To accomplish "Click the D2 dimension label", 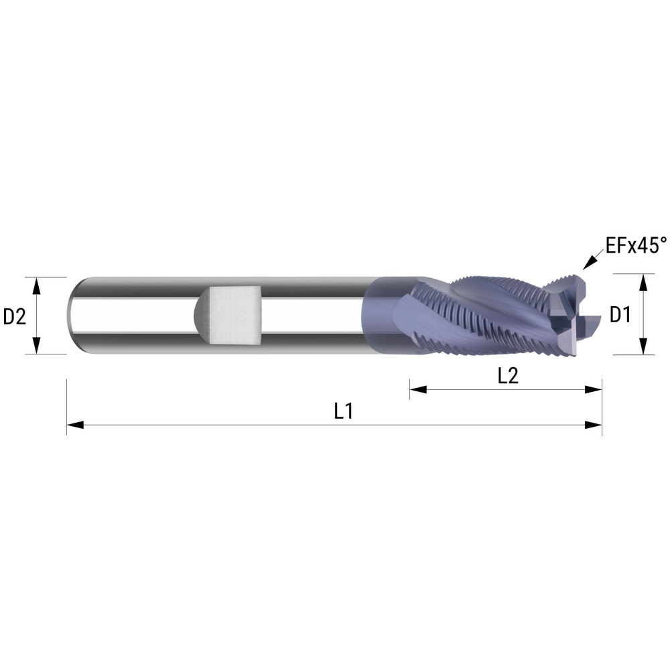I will point(14,316).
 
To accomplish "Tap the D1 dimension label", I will point(620,314).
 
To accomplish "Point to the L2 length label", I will point(508,377).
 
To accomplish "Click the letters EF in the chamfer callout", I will point(614,246).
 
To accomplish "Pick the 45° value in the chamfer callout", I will point(651,246).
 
